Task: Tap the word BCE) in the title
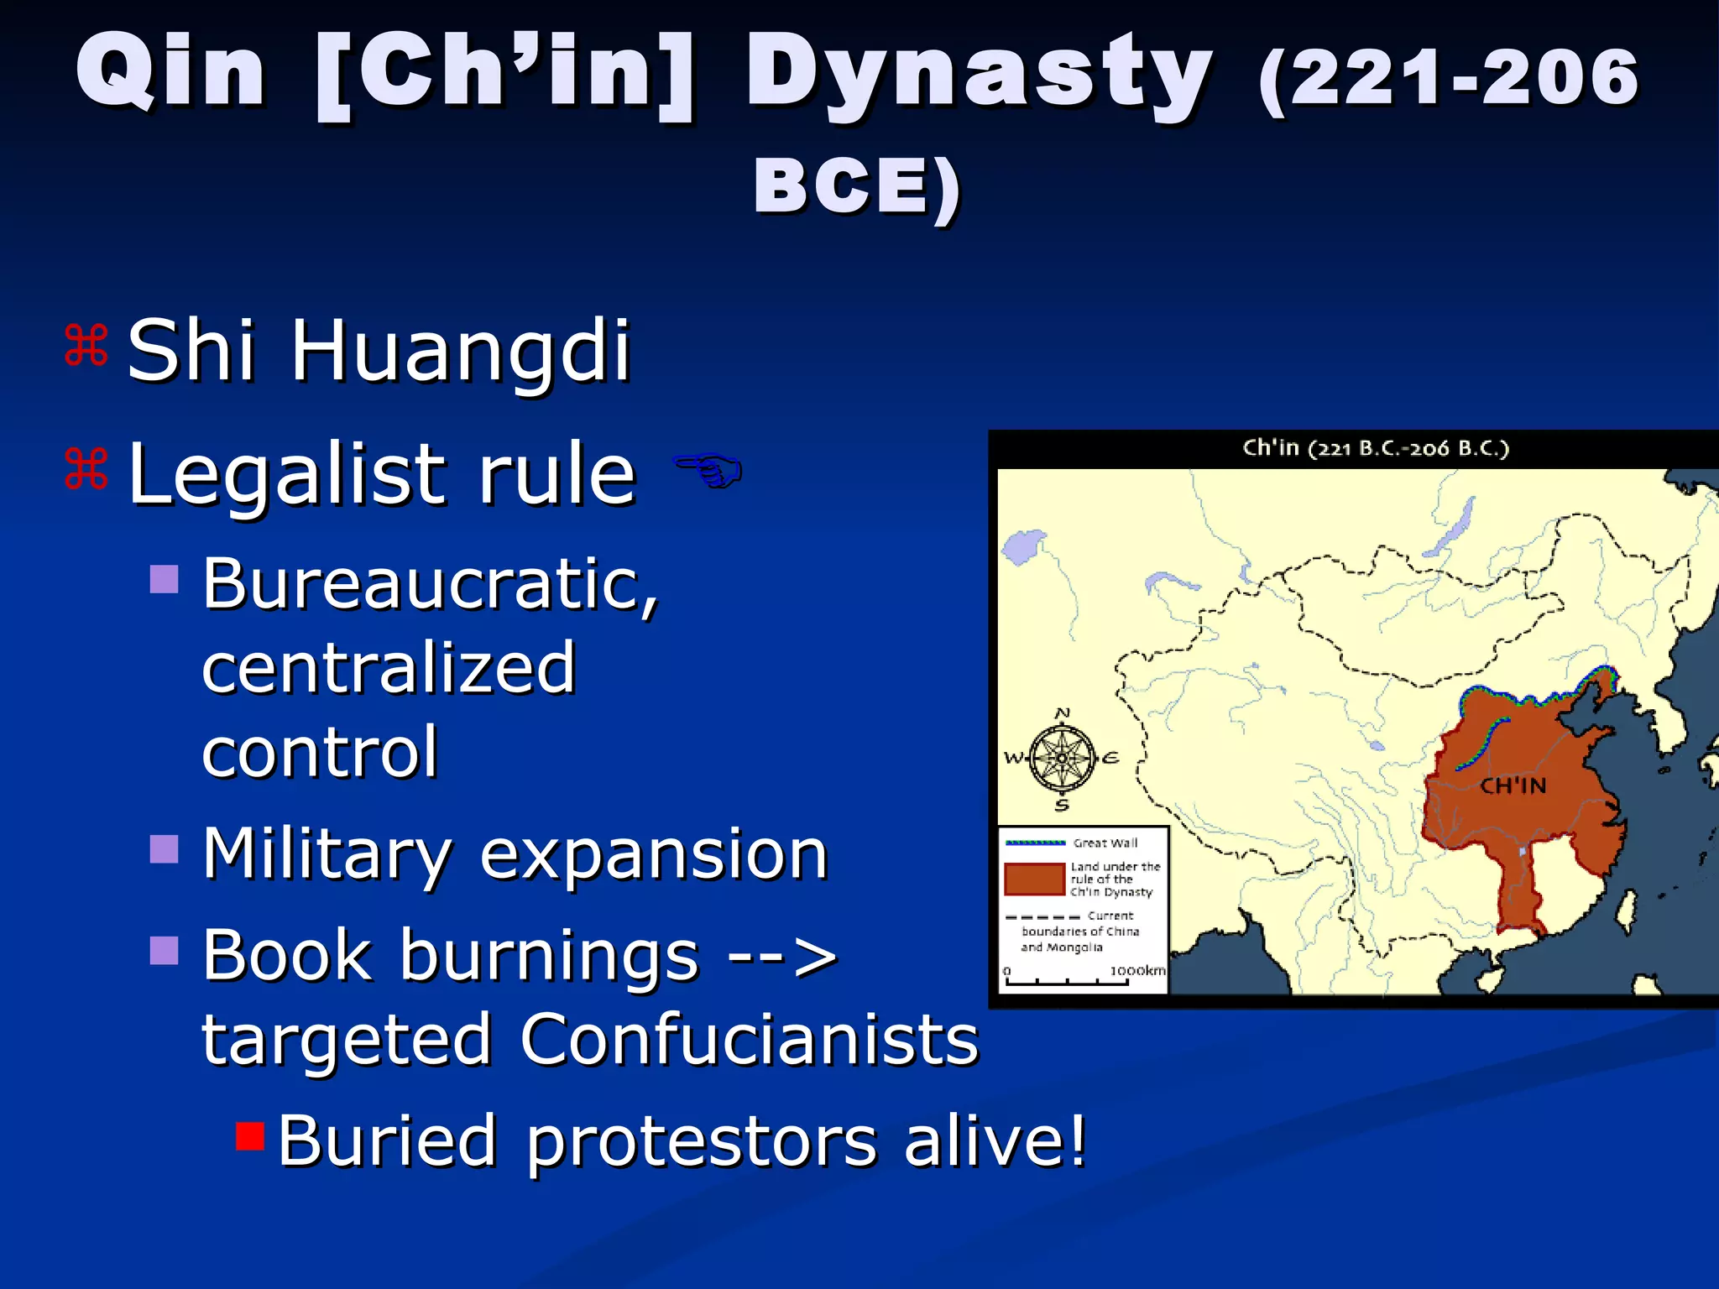point(856,186)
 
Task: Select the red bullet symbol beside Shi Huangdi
point(86,346)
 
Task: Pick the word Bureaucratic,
point(431,585)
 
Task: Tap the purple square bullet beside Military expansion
point(165,848)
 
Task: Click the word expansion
point(654,854)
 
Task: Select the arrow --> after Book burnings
point(781,956)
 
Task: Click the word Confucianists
point(749,1039)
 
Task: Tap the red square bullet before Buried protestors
point(250,1135)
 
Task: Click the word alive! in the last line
point(995,1140)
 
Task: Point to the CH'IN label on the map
point(1513,786)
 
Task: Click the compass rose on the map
point(1062,759)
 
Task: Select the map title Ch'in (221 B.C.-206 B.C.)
point(1376,448)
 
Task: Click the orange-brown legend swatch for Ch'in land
point(1034,879)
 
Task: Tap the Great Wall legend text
point(1105,843)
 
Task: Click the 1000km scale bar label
point(1137,971)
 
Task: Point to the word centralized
point(389,668)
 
